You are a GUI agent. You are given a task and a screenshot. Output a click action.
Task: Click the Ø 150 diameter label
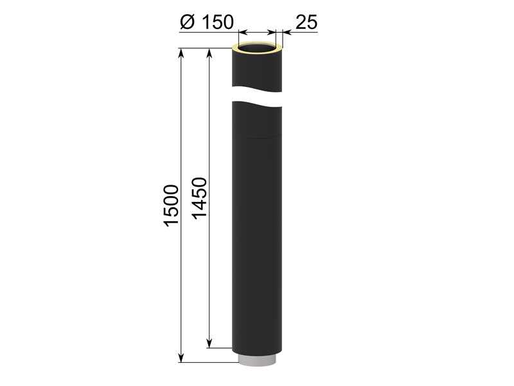(207, 22)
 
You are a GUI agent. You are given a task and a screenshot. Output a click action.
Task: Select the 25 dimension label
(306, 22)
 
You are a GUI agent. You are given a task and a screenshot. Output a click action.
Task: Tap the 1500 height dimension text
(171, 206)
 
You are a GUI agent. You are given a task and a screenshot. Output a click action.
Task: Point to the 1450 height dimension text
(199, 198)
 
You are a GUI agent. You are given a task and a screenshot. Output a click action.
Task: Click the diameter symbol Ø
(187, 22)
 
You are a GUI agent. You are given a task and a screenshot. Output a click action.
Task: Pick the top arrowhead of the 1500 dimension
(181, 53)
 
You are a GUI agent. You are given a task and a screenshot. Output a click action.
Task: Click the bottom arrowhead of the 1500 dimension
(181, 358)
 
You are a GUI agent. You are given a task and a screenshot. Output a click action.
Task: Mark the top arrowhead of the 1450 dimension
(209, 53)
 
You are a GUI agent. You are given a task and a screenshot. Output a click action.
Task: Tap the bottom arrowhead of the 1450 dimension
(209, 343)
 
